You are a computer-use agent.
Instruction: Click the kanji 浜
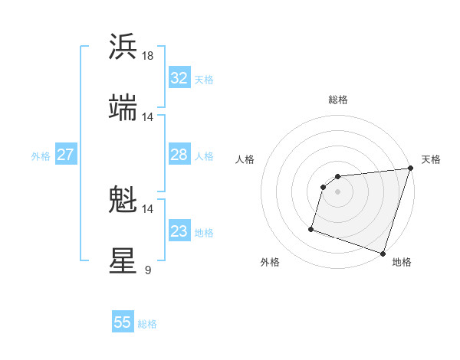pyautogui.click(x=123, y=47)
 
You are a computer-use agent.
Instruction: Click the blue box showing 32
pyautogui.click(x=179, y=78)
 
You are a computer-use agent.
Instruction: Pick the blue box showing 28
pyautogui.click(x=179, y=155)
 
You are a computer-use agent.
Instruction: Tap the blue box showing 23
pyautogui.click(x=179, y=232)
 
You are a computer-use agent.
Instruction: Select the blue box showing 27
pyautogui.click(x=65, y=155)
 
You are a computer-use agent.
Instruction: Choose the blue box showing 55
pyautogui.click(x=123, y=322)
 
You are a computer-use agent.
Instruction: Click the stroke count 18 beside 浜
pyautogui.click(x=148, y=56)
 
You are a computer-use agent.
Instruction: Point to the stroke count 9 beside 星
pyautogui.click(x=147, y=270)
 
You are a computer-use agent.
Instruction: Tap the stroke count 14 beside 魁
pyautogui.click(x=148, y=208)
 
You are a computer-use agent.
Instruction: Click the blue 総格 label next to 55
pyautogui.click(x=148, y=324)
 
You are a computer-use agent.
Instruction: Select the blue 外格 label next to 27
pyautogui.click(x=41, y=156)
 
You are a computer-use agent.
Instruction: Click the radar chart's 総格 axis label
pyautogui.click(x=337, y=100)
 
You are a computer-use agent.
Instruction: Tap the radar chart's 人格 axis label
pyautogui.click(x=245, y=159)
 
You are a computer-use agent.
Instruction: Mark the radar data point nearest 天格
pyautogui.click(x=410, y=169)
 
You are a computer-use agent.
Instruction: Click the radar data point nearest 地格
pyautogui.click(x=383, y=253)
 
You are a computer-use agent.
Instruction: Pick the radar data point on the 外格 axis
pyautogui.click(x=311, y=228)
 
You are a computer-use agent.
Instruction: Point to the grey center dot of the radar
pyautogui.click(x=337, y=191)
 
